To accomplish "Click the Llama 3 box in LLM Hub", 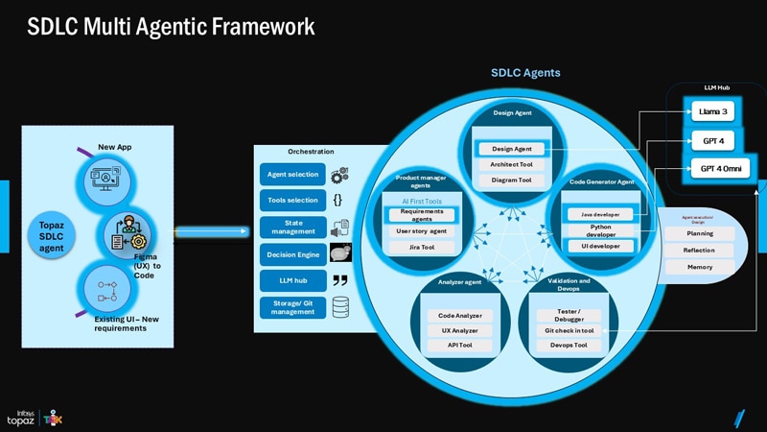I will pos(713,112).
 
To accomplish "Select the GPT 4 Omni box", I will pos(713,140).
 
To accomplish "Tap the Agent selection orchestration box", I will pos(292,175).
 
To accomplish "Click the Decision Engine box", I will pos(292,254).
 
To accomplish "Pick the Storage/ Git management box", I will pos(292,306).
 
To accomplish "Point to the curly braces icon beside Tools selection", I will pos(338,201).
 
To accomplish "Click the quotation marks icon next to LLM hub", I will pos(339,280).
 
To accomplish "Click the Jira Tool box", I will pos(422,247).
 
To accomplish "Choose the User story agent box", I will pos(422,231).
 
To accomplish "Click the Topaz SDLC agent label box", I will pos(50,235).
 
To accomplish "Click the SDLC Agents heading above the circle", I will pos(525,73).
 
